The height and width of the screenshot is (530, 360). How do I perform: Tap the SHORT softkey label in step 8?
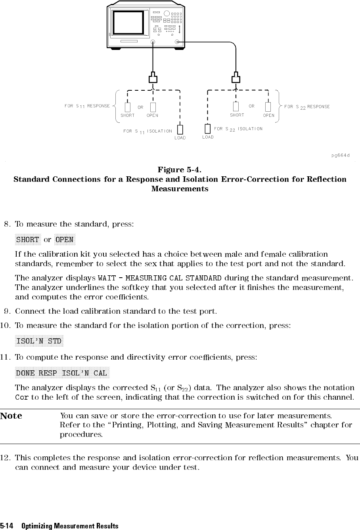(27, 240)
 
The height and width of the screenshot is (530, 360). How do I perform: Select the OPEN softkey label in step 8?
(64, 240)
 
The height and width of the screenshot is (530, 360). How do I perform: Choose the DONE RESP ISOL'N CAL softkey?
(61, 373)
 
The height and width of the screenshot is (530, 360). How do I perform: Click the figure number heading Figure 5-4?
(180, 170)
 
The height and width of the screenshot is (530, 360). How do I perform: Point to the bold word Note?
(11, 416)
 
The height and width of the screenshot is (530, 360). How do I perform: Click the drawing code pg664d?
(341, 155)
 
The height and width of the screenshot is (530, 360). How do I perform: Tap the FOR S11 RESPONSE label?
(87, 106)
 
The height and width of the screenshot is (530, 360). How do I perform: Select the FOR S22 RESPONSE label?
(307, 107)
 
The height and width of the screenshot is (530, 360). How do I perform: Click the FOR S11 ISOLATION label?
(147, 131)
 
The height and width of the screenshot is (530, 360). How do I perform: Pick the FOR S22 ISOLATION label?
(238, 129)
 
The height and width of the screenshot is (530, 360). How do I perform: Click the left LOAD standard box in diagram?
(180, 130)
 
